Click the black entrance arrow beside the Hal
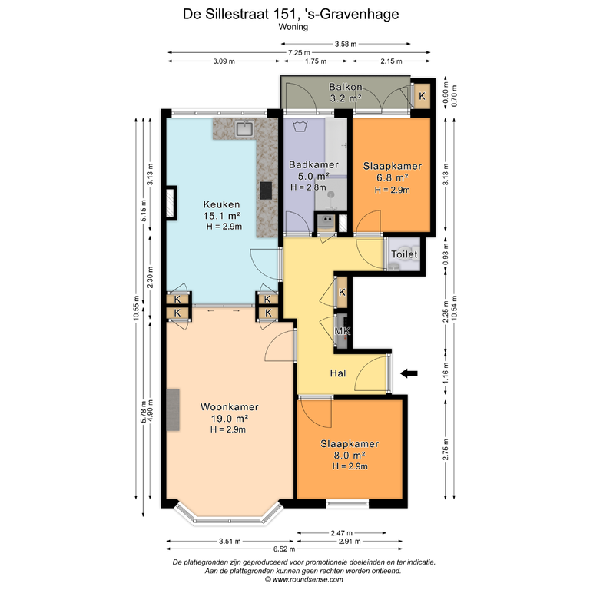(409, 373)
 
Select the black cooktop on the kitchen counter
(266, 191)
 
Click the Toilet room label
(404, 254)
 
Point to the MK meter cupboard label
(343, 331)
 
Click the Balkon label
(346, 87)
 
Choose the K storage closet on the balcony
(423, 96)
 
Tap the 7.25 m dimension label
(299, 53)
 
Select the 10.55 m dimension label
(136, 308)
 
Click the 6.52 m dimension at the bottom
(284, 549)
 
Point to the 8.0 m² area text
(350, 456)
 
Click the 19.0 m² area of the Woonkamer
(229, 419)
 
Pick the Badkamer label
(313, 165)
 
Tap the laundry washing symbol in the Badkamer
(300, 126)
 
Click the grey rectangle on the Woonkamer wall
(173, 410)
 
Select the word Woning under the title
(293, 27)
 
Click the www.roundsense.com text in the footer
(307, 579)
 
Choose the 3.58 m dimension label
(346, 44)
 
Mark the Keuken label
(221, 204)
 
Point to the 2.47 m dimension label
(342, 533)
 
